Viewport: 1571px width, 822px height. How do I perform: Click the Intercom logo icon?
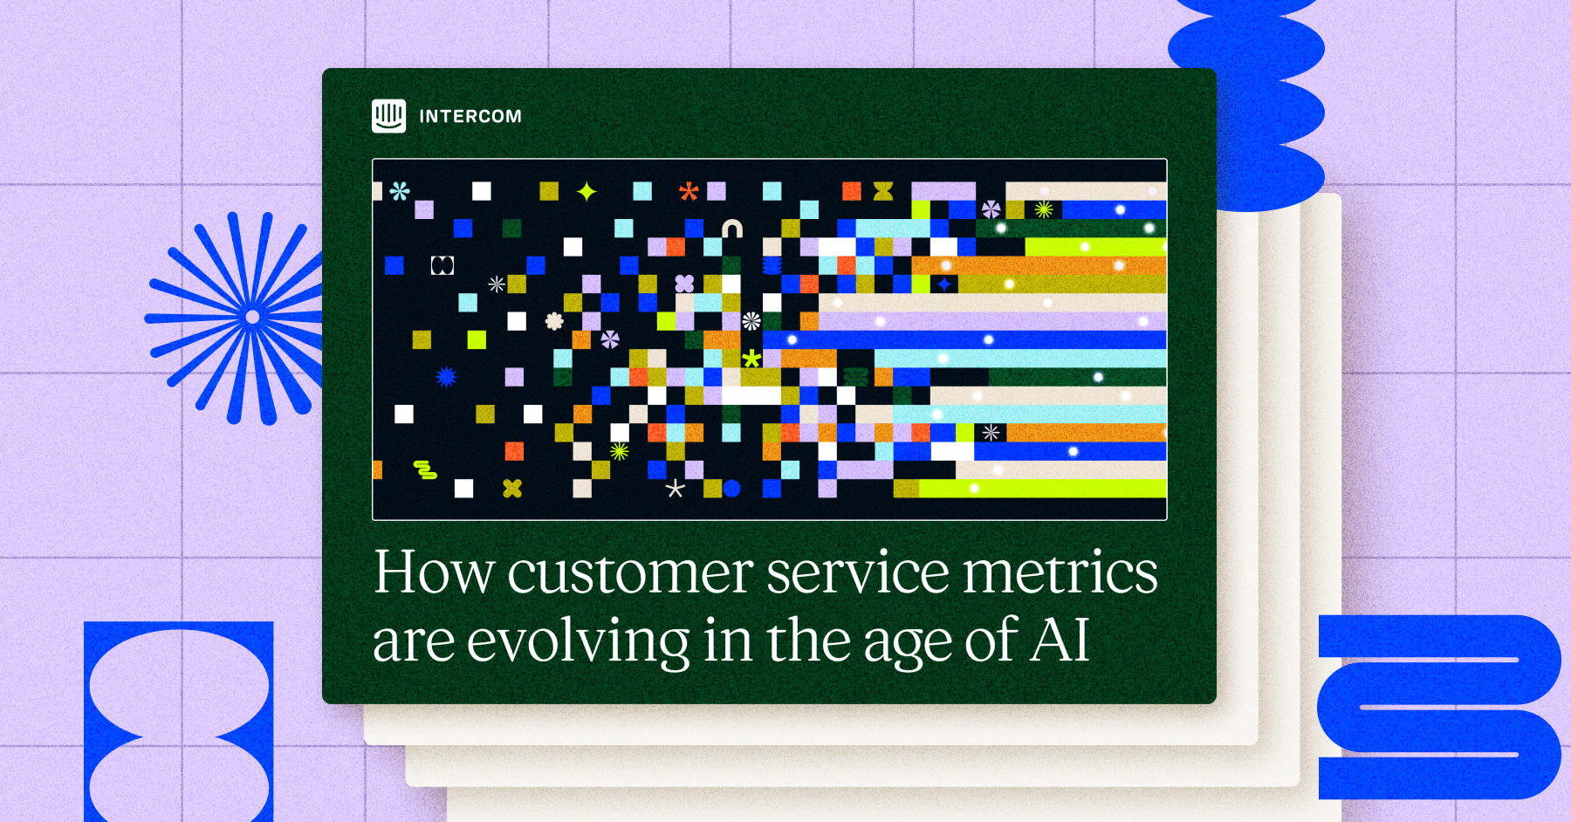pos(388,115)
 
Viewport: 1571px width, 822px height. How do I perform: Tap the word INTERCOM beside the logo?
pos(470,116)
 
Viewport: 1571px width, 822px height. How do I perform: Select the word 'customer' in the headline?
pos(630,573)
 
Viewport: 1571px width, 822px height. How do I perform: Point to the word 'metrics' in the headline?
pos(1060,573)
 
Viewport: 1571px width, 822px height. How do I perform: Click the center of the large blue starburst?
pos(252,317)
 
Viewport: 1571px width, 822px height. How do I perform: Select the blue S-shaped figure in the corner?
pos(1439,707)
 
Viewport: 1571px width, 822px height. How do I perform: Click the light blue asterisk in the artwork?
pos(400,191)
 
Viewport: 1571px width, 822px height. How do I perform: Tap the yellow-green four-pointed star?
pos(587,191)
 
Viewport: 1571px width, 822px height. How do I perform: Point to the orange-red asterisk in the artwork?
pos(689,191)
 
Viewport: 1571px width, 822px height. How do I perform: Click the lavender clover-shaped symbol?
pos(684,284)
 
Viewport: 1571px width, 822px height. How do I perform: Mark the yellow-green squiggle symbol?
pos(425,470)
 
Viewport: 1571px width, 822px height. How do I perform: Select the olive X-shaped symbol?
pos(512,489)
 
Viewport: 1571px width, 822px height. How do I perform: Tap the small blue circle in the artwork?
pos(731,489)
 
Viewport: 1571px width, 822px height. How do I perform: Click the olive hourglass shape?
pos(883,191)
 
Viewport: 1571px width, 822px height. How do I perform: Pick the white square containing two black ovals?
pos(442,265)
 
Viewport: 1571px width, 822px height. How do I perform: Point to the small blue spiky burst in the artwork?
pos(446,377)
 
